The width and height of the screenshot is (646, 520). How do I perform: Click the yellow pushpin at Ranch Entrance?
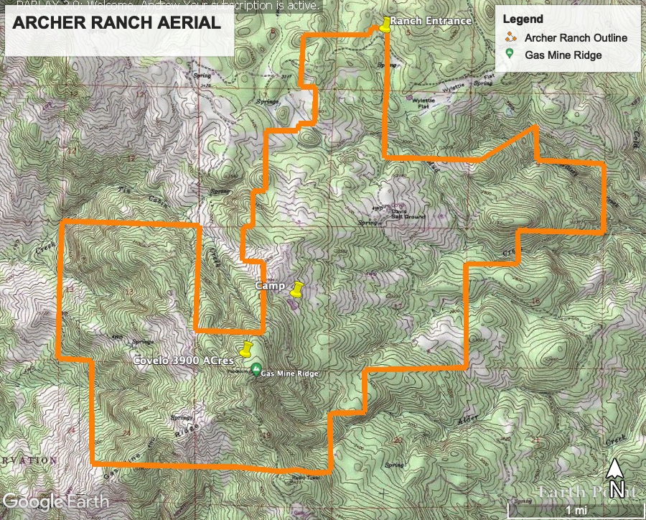(387, 24)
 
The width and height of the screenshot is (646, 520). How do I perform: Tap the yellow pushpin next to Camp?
(296, 289)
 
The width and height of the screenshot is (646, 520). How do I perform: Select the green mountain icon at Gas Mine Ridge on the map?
(256, 370)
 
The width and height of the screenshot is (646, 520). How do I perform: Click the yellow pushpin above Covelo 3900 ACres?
(246, 350)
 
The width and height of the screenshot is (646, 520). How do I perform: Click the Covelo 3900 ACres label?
(184, 361)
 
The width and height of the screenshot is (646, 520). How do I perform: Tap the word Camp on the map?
(271, 286)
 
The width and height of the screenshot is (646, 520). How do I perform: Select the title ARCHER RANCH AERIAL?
(117, 23)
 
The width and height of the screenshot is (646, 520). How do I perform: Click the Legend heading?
(523, 19)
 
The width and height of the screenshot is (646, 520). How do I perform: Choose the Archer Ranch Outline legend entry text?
(576, 37)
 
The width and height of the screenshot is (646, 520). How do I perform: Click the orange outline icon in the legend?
(510, 37)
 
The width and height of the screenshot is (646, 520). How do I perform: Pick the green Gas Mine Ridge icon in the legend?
(510, 55)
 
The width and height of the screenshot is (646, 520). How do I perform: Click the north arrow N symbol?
(614, 479)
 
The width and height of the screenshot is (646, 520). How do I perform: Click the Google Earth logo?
(56, 501)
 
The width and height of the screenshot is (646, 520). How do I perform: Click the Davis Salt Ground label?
(408, 213)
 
